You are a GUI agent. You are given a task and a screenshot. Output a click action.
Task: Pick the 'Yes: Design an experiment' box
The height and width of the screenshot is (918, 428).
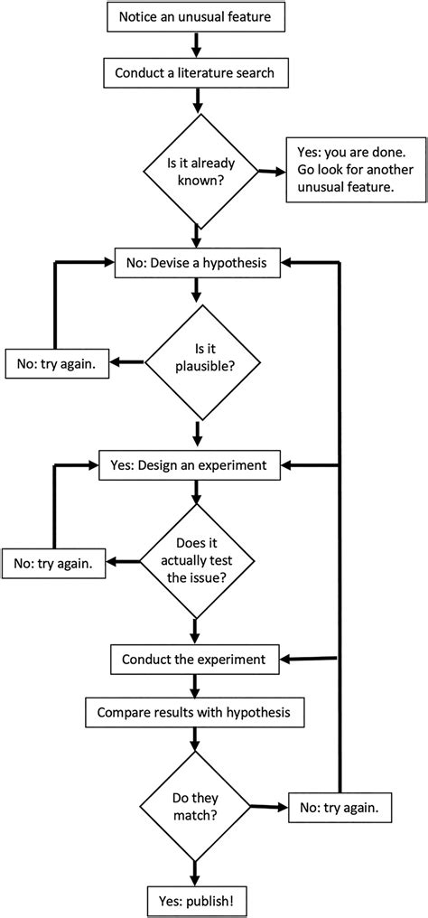195,466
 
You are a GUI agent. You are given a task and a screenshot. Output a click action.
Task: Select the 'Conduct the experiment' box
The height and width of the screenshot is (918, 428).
195,658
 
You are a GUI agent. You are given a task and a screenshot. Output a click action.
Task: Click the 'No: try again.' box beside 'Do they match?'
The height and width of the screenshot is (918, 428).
340,807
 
